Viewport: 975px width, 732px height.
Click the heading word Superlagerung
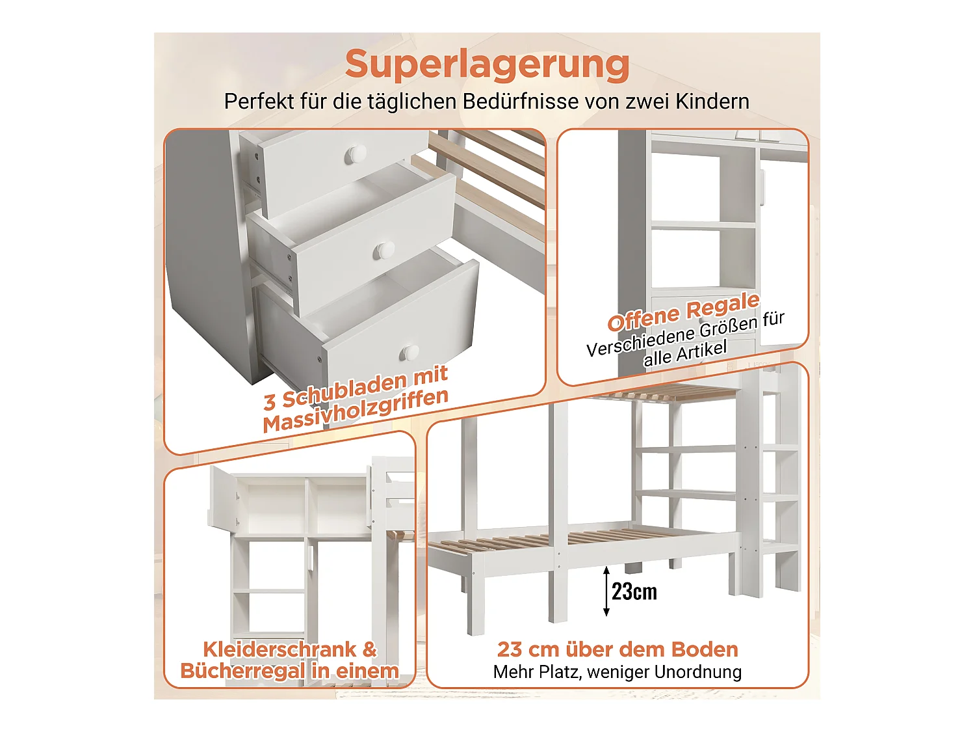pyautogui.click(x=487, y=64)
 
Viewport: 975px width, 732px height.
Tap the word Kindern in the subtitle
pyautogui.click(x=712, y=102)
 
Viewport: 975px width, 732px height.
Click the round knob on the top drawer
pyautogui.click(x=356, y=154)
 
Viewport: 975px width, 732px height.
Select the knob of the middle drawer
pyautogui.click(x=385, y=250)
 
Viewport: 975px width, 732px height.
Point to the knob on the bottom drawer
pyautogui.click(x=409, y=353)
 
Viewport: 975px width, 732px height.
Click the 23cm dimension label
pyautogui.click(x=634, y=591)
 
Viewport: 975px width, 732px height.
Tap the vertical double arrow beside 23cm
pyautogui.click(x=606, y=591)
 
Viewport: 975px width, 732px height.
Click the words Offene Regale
pyautogui.click(x=683, y=312)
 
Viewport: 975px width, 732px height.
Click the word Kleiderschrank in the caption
pyautogui.click(x=279, y=649)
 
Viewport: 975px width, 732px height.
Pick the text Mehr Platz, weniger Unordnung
pyautogui.click(x=617, y=672)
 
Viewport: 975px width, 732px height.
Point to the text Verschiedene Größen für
pyautogui.click(x=685, y=334)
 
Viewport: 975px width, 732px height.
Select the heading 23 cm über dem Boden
pyautogui.click(x=617, y=649)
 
